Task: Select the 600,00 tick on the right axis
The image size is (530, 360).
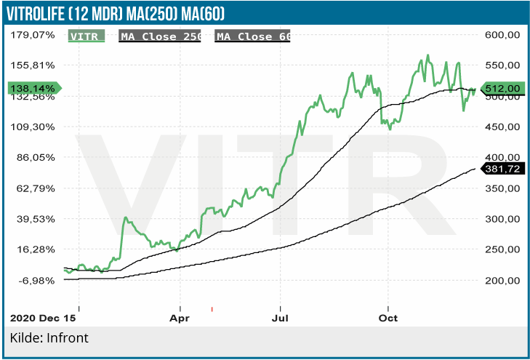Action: click(502, 34)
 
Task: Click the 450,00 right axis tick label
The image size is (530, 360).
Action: click(502, 127)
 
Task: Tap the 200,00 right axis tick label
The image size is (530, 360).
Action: click(502, 280)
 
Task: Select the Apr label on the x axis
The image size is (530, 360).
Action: click(179, 319)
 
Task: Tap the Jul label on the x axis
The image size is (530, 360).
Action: click(279, 319)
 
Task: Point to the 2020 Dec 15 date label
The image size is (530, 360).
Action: click(43, 319)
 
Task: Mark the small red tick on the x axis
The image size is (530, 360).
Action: click(212, 310)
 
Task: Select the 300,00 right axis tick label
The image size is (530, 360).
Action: click(502, 219)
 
